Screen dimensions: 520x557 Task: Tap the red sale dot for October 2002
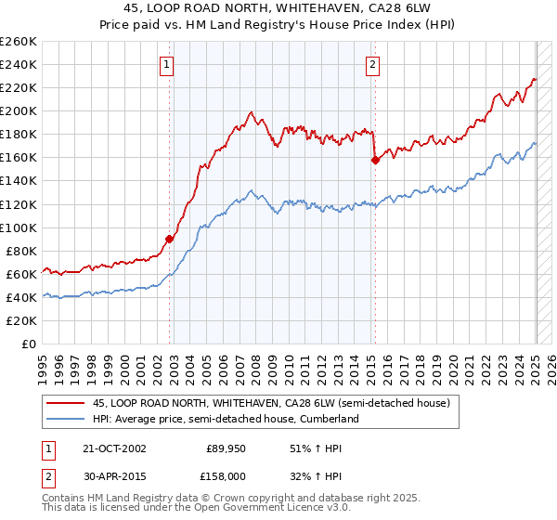(x=170, y=239)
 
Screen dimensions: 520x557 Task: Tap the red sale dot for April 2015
(x=375, y=160)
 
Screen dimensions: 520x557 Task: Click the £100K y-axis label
(x=19, y=227)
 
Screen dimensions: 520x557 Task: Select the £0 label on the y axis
(x=28, y=344)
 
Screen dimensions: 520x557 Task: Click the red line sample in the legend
(x=66, y=403)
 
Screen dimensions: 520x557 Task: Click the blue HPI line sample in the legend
(x=66, y=419)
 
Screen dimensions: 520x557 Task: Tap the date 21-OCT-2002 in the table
(x=114, y=448)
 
